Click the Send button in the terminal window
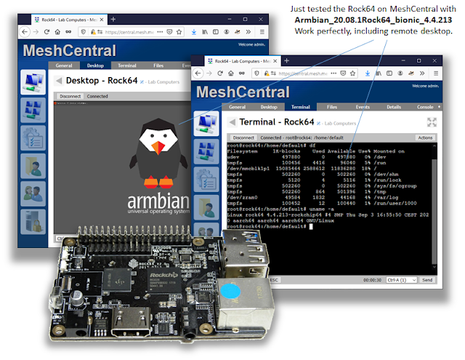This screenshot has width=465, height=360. pos(426,279)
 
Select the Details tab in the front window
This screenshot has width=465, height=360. pos(393,107)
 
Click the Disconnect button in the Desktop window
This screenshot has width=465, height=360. pos(70,96)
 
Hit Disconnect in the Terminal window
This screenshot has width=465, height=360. pos(243,137)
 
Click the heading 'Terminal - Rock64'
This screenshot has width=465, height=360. pos(272,123)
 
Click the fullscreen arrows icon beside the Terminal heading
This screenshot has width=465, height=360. pos(431,122)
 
